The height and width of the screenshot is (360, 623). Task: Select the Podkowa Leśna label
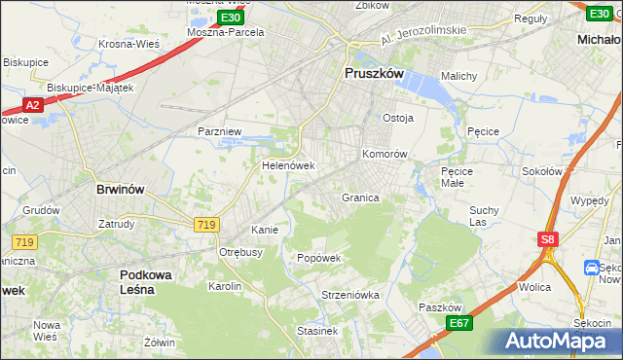(146, 282)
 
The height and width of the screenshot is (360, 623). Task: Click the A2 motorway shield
(31, 105)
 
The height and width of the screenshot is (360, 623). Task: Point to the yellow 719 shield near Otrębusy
(205, 225)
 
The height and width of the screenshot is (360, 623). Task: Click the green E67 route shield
(459, 323)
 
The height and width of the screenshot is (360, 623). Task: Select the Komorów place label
(384, 155)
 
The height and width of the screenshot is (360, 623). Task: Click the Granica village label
(359, 198)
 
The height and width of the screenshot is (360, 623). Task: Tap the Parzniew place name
(218, 130)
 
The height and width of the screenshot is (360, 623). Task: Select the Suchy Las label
(484, 215)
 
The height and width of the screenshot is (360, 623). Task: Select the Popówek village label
(318, 258)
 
